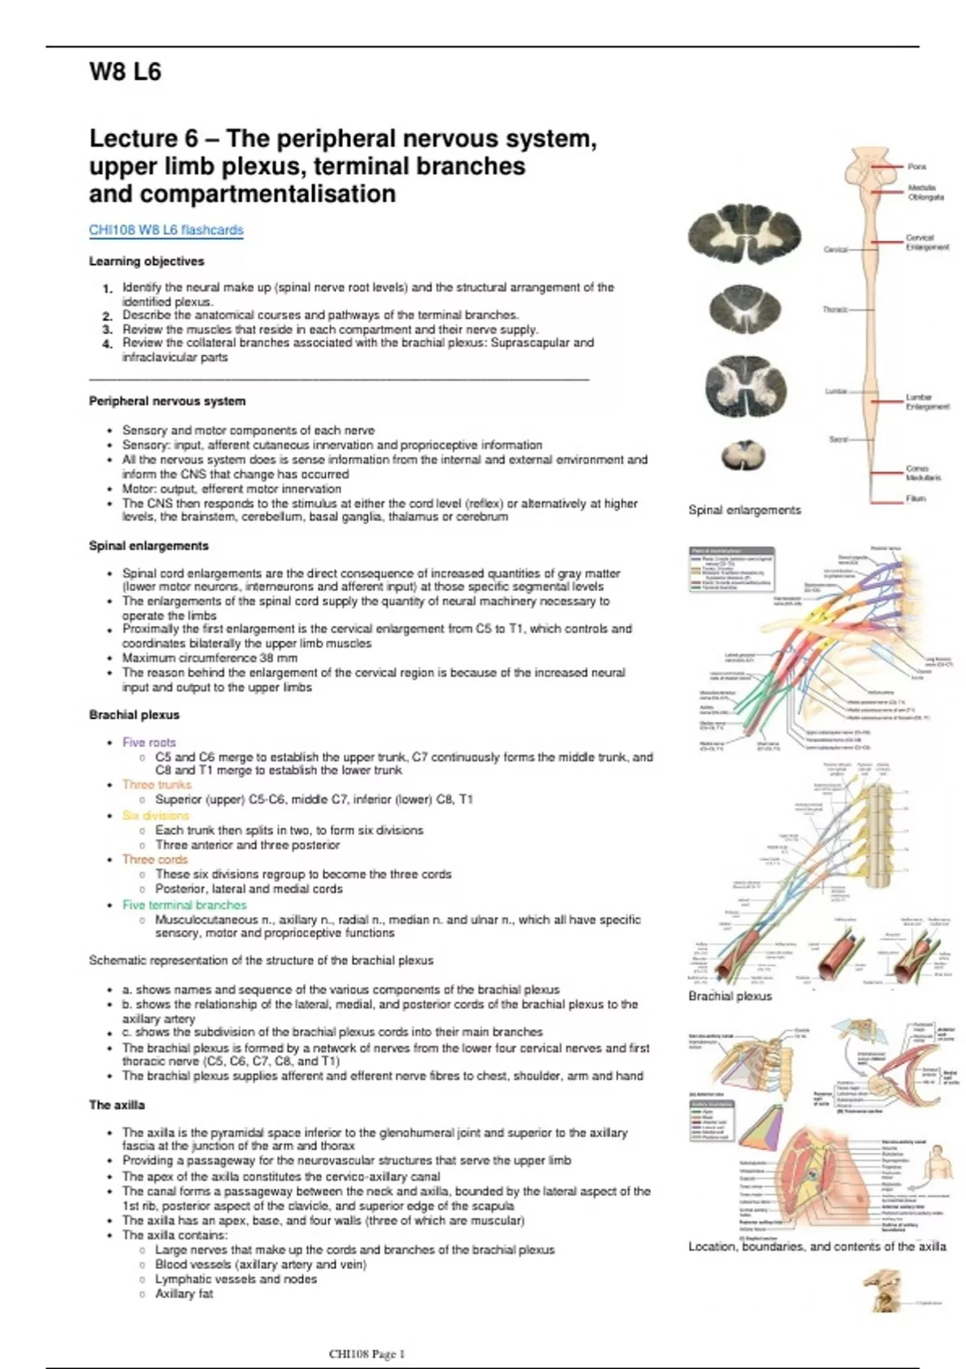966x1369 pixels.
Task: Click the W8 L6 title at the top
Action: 125,72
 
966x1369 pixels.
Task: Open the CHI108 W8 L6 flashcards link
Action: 166,230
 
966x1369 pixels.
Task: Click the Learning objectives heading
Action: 147,262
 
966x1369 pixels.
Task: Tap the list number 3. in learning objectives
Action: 108,329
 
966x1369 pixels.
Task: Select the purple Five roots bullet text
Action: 149,742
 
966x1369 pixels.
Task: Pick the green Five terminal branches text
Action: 184,905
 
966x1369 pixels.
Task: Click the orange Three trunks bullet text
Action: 157,784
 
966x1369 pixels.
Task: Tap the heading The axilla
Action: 117,1105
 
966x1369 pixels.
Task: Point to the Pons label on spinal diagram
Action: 917,167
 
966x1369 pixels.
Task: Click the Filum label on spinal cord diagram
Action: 916,498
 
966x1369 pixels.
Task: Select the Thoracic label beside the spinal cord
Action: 835,309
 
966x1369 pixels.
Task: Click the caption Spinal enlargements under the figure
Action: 745,511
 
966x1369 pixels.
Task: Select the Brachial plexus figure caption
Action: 730,996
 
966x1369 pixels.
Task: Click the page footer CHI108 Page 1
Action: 367,1354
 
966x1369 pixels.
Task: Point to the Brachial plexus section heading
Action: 134,715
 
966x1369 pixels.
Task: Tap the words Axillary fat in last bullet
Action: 184,1294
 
